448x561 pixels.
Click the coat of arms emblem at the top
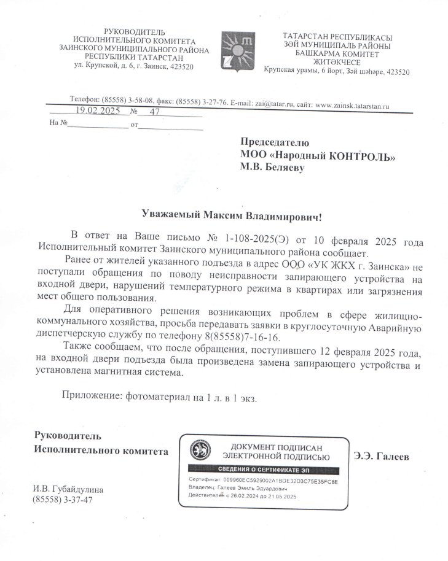(235, 52)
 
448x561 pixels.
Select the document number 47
(154, 112)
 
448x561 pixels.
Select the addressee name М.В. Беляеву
(272, 167)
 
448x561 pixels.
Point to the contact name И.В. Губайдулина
(68, 490)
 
